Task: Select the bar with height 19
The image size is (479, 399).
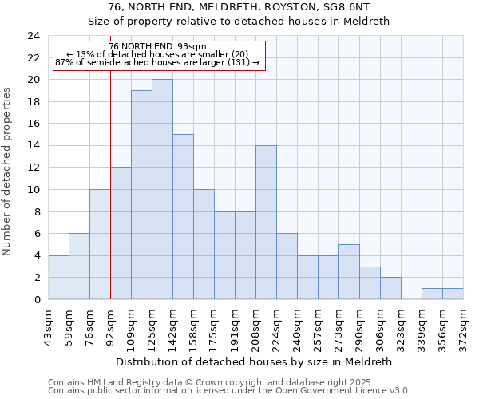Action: [141, 196]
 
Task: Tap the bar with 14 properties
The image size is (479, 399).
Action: [266, 223]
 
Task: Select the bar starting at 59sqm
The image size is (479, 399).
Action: [79, 267]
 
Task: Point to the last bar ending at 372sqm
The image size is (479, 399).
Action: [453, 294]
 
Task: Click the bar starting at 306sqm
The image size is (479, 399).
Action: [390, 288]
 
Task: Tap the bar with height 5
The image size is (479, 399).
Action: [349, 272]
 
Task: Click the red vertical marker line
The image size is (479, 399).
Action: [110, 199]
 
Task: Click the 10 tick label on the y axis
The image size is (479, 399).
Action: [34, 190]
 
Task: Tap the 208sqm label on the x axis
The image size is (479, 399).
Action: [256, 326]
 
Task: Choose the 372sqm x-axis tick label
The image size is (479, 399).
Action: [464, 326]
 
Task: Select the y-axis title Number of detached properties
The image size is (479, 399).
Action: [8, 172]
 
